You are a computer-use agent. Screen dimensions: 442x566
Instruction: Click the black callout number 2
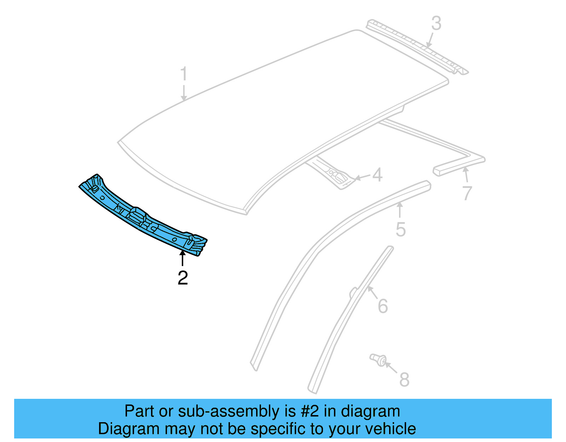(183, 278)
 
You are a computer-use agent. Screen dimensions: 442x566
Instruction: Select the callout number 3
(436, 23)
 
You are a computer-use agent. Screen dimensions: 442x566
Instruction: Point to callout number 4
(377, 175)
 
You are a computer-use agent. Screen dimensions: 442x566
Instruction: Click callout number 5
(400, 229)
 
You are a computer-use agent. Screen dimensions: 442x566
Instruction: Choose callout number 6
(383, 306)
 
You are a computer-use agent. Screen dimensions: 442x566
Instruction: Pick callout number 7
(467, 193)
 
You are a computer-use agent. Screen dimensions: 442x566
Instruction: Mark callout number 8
(404, 379)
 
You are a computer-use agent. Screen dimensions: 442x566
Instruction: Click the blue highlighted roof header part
(141, 216)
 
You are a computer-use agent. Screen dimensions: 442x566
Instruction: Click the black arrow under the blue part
(183, 258)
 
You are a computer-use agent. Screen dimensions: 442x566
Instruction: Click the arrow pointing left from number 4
(362, 177)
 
